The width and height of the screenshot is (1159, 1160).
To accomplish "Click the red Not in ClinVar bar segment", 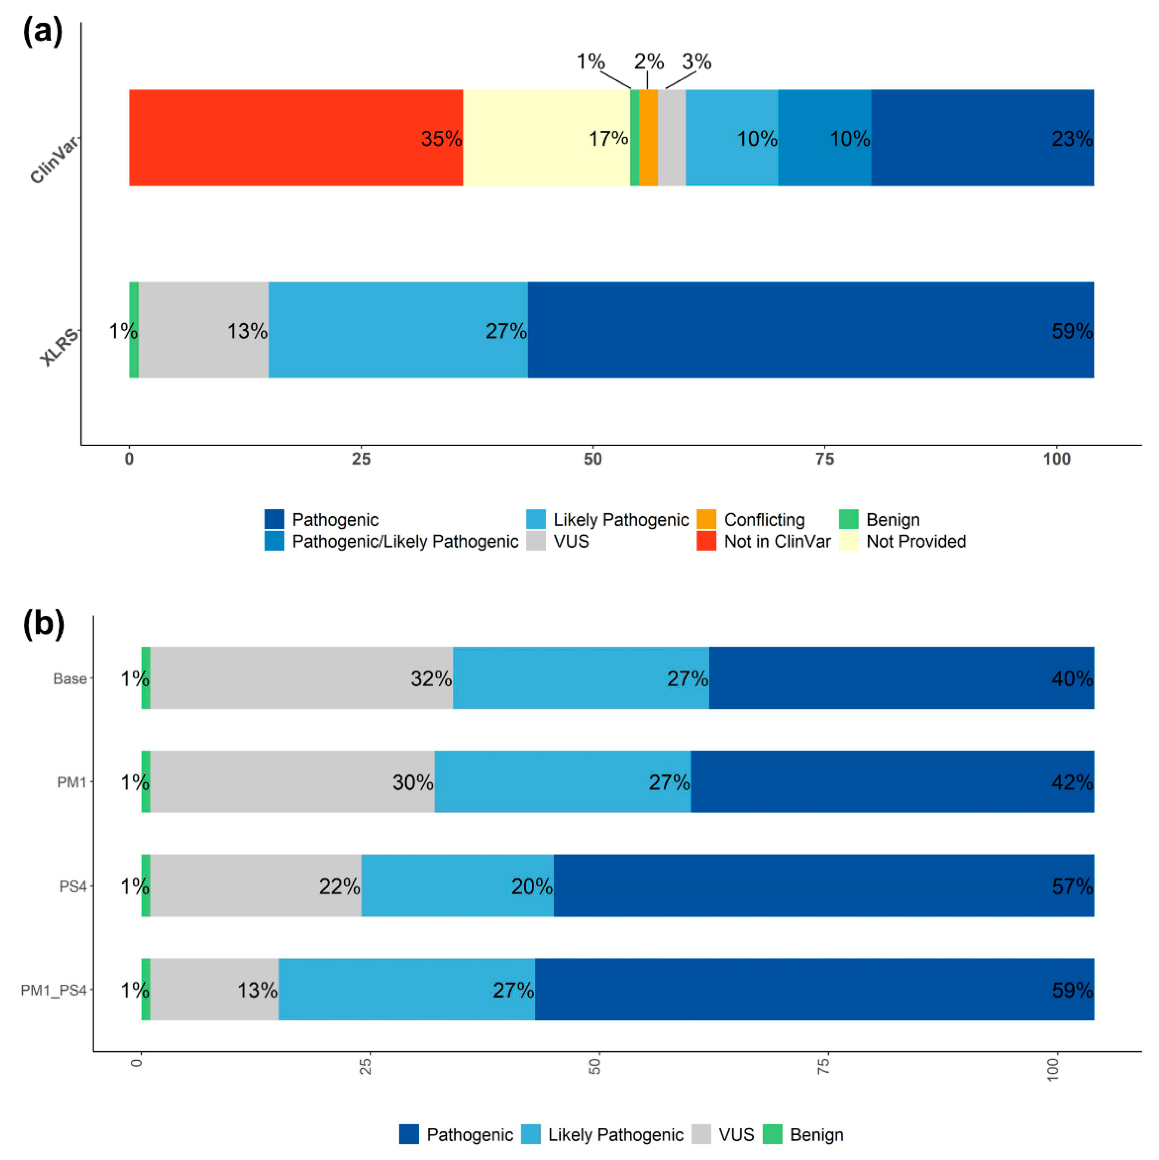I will (294, 138).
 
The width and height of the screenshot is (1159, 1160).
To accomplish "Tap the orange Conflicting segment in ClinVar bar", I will (647, 138).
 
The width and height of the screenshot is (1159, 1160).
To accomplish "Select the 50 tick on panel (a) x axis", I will (592, 459).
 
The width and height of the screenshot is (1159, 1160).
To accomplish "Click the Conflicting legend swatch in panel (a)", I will (706, 519).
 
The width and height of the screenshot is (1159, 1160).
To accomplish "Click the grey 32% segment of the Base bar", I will (300, 678).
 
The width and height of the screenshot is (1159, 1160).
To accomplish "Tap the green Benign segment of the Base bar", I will (145, 678).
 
